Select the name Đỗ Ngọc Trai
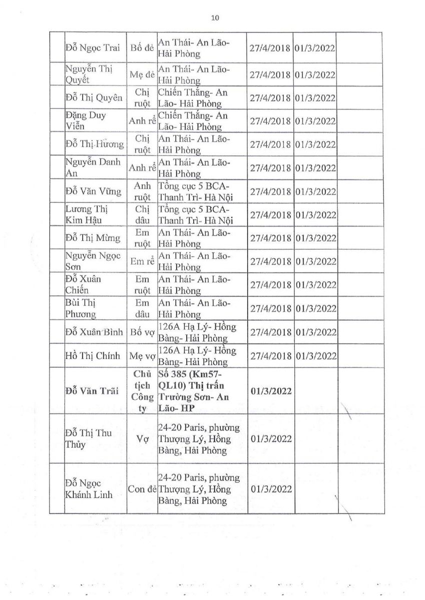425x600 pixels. pyautogui.click(x=94, y=48)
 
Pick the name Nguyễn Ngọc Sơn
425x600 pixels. pyautogui.click(x=93, y=261)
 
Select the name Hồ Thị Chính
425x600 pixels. pyautogui.click(x=93, y=355)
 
